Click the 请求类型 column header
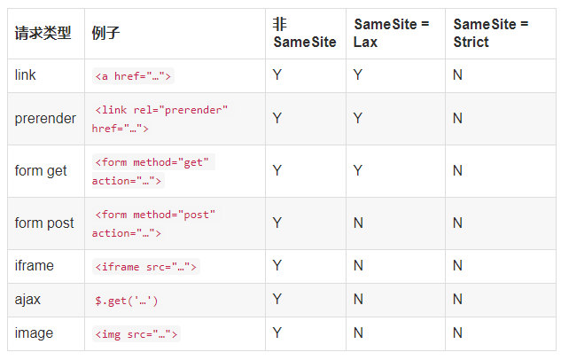43,34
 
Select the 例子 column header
105,34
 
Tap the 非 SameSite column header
305,33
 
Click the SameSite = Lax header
392,33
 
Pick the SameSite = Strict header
491,33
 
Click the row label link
26,75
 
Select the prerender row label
45,119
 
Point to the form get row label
41,171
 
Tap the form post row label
44,223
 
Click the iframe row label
35,266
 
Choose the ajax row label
27,300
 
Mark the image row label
34,333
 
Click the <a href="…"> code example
133,76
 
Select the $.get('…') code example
127,301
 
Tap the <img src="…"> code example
136,334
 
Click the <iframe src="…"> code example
146,267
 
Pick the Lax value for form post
358,223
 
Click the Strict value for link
457,75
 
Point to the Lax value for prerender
358,119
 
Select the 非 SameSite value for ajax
277,300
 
